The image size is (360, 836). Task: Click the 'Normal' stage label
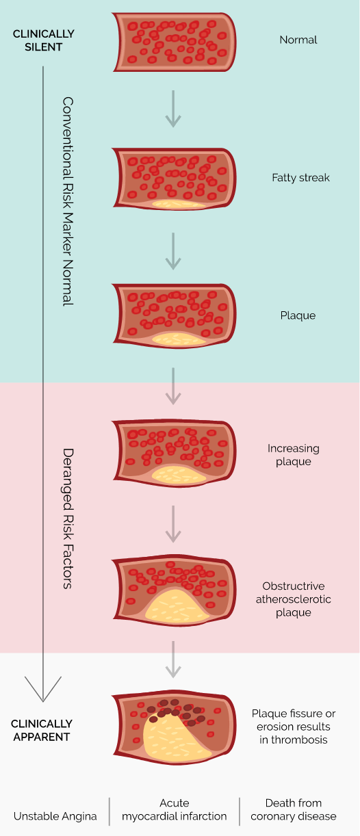pos(298,40)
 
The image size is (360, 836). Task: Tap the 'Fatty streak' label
pos(300,178)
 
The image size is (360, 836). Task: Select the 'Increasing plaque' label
pos(293,455)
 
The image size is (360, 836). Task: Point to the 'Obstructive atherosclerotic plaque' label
pos(293,599)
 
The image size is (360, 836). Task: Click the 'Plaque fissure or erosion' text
pos(293,727)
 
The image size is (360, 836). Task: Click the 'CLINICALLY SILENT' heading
pos(44,40)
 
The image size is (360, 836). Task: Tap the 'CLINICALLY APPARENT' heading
pos(42,731)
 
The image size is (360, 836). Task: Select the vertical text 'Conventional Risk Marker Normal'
pos(67,201)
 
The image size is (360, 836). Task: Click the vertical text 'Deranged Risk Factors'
pos(67,518)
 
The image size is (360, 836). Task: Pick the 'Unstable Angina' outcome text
pos(55,816)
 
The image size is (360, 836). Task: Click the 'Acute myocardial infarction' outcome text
pos(175,809)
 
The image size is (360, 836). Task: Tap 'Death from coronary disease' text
pos(294,809)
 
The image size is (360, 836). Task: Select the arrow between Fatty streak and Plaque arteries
pos(174,250)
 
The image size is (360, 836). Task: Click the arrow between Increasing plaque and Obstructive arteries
pos(174,523)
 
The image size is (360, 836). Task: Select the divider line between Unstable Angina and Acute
pos(110,811)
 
